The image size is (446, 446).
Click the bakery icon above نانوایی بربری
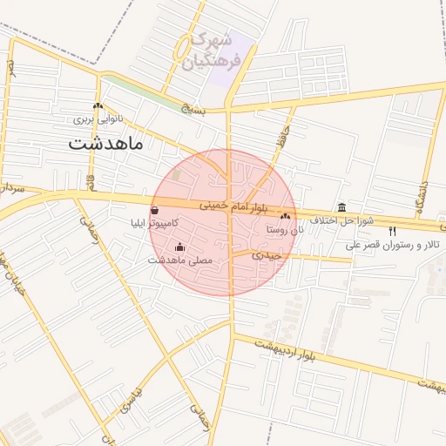pos(98,105)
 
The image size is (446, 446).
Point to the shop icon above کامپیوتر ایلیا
pos(154,210)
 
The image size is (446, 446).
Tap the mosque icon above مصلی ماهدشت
pos(180,247)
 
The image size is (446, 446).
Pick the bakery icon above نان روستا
pos(286,216)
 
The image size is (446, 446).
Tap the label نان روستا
pos(286,229)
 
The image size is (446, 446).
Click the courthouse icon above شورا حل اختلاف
pos(341,208)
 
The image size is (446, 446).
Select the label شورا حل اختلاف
pos(345,221)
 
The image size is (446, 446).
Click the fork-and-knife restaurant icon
pos(391,231)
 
